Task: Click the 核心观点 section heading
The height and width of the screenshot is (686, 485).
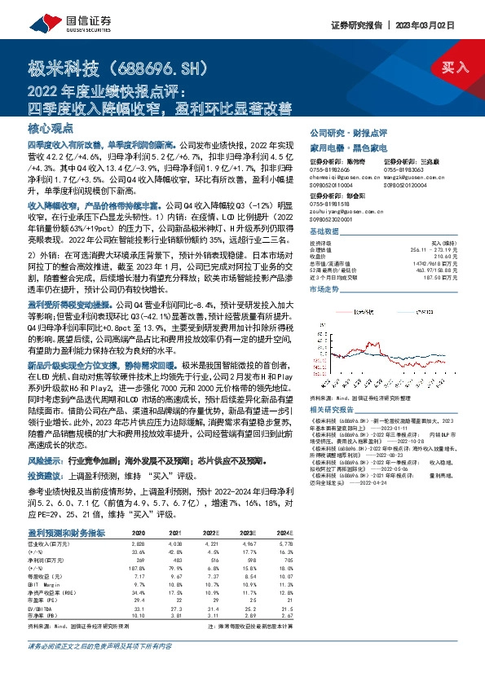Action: tap(51, 128)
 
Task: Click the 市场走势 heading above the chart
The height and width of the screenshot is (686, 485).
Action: tap(324, 288)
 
